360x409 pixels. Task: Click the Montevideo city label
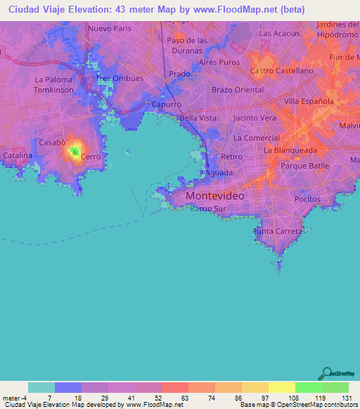[x=215, y=196]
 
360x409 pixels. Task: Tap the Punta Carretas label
[x=279, y=231]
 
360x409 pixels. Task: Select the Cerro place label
[x=91, y=157]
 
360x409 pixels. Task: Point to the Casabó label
[x=52, y=142]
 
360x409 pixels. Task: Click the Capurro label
[x=167, y=104]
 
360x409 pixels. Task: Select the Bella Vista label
[x=198, y=118]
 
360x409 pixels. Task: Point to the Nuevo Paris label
[x=110, y=29]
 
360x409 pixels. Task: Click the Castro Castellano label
[x=281, y=71]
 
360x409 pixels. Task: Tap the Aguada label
[x=219, y=172]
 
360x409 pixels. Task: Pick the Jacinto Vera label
[x=255, y=118]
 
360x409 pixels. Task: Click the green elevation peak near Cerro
[x=74, y=150]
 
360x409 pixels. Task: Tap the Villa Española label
[x=308, y=101]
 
